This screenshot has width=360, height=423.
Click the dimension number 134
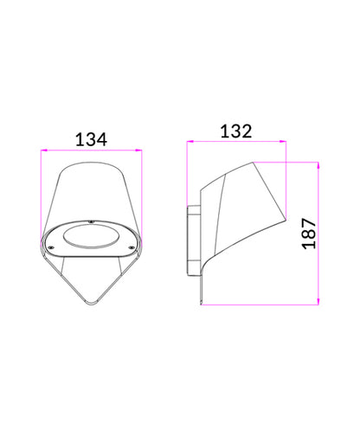click(x=93, y=138)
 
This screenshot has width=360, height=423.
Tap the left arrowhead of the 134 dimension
click(x=43, y=151)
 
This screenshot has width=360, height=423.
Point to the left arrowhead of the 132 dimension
click(x=191, y=142)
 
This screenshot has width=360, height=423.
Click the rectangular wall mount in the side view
click(x=193, y=237)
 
